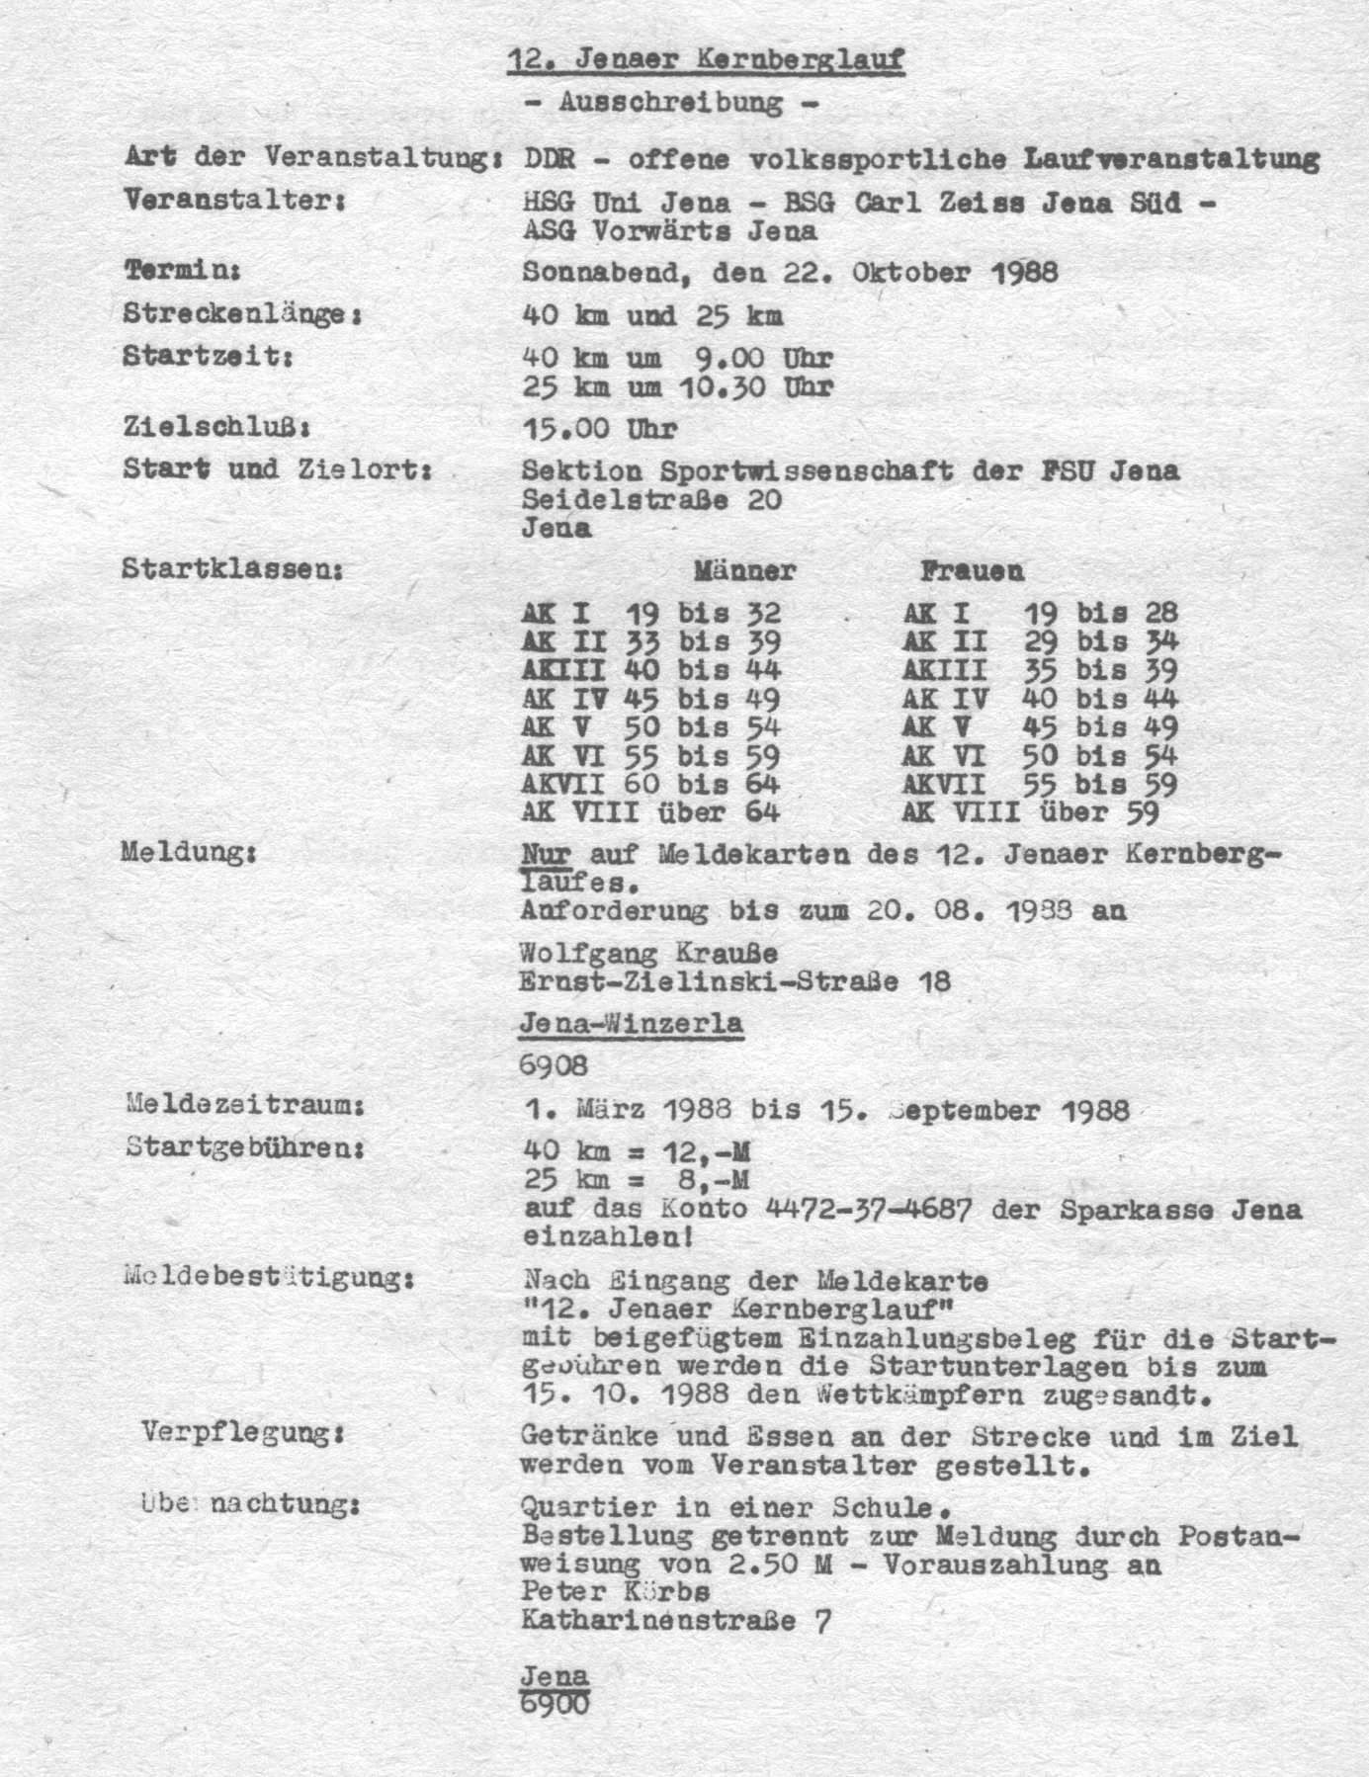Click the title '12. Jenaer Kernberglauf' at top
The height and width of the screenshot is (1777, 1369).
[705, 61]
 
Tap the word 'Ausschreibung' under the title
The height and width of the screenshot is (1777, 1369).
[670, 102]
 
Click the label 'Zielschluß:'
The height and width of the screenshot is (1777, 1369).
[217, 428]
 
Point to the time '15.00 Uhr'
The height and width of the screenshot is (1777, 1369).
[599, 428]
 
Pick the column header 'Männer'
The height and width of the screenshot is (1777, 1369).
[743, 570]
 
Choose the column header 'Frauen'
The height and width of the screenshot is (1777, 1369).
[972, 570]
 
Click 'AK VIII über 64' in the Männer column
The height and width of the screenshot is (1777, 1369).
[650, 812]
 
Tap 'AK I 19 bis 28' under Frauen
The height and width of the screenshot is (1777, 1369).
[1039, 613]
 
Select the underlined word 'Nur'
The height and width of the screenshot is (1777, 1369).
[545, 854]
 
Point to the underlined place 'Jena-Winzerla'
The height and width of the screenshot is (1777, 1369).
[631, 1023]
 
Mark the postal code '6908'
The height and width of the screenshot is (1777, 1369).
[554, 1065]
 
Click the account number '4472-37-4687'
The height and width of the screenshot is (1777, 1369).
[870, 1209]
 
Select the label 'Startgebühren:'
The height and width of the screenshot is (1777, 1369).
[246, 1148]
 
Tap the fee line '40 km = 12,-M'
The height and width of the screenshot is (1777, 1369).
[635, 1149]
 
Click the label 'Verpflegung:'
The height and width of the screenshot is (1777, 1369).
[242, 1432]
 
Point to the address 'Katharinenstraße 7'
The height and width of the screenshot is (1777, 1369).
[675, 1621]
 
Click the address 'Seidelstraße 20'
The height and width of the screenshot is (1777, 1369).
[651, 499]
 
